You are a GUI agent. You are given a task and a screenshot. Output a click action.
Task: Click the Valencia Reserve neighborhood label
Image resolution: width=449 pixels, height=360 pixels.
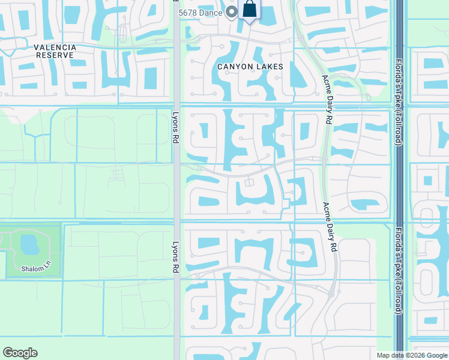[x=54, y=51]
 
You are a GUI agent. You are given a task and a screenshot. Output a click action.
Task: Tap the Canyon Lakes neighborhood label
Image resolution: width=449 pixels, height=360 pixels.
[x=250, y=67]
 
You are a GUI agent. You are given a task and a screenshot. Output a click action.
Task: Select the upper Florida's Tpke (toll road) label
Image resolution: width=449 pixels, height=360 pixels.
[x=397, y=102]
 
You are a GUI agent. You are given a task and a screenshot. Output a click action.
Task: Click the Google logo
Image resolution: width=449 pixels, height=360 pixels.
[x=20, y=353]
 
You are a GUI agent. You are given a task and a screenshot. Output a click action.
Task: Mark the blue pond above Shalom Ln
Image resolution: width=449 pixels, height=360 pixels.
[x=28, y=244]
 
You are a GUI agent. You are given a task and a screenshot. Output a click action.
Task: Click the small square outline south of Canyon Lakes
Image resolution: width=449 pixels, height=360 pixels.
[x=249, y=182]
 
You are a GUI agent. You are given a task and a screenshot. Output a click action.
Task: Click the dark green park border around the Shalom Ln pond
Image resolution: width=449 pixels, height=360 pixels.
[x=61, y=252]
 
